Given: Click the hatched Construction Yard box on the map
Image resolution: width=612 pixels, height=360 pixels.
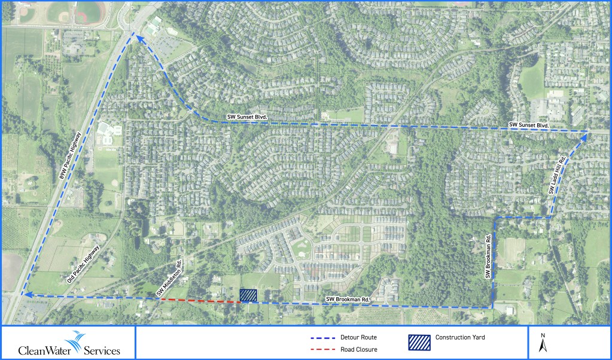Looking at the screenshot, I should [248, 295].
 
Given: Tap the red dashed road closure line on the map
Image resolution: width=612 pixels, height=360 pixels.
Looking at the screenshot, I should [200, 301].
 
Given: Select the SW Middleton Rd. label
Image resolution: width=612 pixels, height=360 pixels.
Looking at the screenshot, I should [169, 280].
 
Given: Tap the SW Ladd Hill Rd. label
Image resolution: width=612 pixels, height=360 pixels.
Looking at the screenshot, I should [557, 175].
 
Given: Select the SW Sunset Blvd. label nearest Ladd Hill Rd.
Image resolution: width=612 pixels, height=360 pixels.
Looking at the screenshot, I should [529, 125].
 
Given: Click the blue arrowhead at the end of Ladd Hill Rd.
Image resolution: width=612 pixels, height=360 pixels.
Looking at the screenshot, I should [583, 138].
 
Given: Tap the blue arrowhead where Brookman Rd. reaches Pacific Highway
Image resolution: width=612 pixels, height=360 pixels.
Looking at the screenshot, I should [25, 294].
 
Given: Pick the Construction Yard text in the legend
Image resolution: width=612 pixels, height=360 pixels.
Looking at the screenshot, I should [460, 337].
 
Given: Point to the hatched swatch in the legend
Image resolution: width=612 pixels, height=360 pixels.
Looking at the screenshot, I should [418, 341].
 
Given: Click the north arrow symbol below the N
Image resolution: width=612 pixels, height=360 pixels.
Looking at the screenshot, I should [542, 346].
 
